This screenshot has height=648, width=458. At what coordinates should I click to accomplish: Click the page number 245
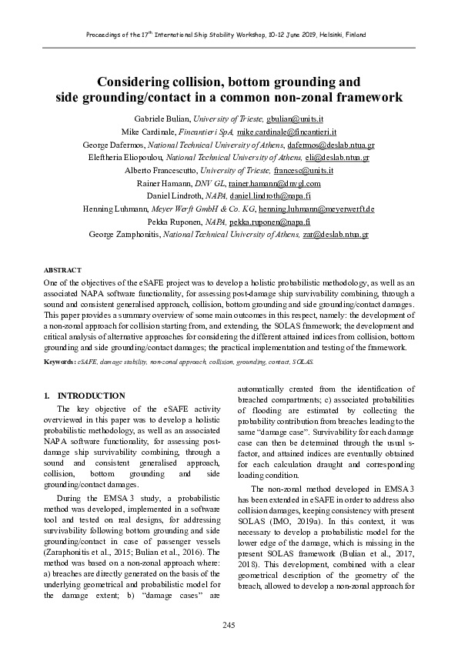point(229,623)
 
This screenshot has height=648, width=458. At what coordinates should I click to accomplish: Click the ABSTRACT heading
point(62,270)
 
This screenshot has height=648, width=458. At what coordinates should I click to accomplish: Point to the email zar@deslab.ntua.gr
point(336,233)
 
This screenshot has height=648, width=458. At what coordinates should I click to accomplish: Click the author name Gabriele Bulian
point(159,119)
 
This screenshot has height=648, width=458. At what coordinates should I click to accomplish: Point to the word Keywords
point(59,361)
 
